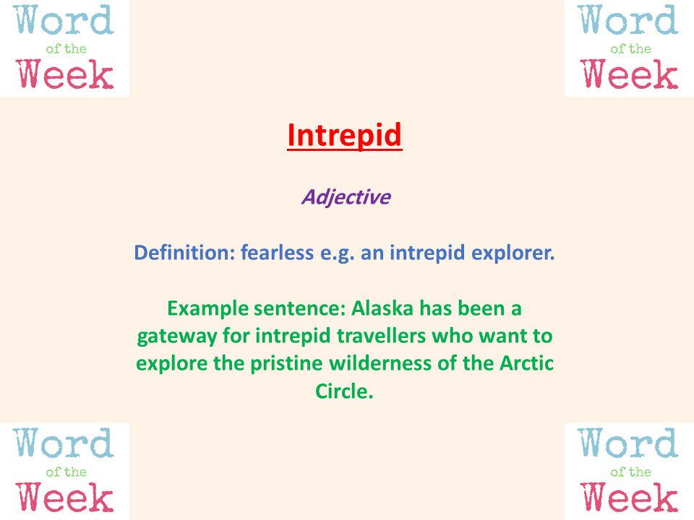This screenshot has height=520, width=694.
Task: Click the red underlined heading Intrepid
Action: click(x=344, y=135)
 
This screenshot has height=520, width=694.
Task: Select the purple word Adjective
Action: click(x=345, y=196)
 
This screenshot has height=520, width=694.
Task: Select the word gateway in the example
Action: click(x=170, y=337)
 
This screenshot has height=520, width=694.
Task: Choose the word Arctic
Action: click(x=527, y=364)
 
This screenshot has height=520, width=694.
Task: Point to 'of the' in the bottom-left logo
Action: click(x=66, y=472)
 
